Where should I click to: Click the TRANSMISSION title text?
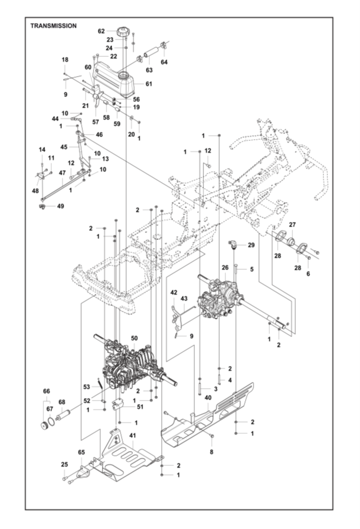(54, 26)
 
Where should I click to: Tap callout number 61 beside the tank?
(149, 84)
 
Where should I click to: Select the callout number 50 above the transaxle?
(134, 338)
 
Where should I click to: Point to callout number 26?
(225, 268)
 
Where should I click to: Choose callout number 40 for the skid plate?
(208, 398)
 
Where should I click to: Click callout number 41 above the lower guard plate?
(132, 435)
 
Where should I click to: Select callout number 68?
(62, 402)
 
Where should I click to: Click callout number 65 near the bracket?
(81, 452)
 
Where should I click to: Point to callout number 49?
(60, 206)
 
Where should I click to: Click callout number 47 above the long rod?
(62, 173)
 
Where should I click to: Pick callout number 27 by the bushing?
(292, 225)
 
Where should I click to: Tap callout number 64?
(164, 62)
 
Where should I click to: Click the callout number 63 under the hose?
(149, 70)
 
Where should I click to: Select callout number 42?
(174, 292)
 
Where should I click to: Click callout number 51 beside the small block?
(140, 407)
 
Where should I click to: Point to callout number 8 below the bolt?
(211, 452)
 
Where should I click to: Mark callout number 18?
(65, 60)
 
